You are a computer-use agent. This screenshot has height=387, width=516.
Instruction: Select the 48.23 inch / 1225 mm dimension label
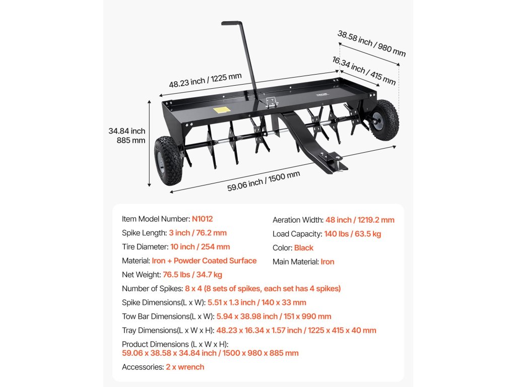205,80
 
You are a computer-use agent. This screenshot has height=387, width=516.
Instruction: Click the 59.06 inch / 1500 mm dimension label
264,180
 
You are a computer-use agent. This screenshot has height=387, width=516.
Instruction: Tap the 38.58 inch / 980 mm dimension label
371,43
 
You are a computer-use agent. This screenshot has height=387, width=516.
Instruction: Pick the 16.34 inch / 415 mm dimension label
364,71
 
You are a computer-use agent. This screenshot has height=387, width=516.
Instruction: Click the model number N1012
202,219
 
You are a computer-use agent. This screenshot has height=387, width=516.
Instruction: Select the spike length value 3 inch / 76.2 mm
198,233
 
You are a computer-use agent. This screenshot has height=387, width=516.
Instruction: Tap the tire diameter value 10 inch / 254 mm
200,247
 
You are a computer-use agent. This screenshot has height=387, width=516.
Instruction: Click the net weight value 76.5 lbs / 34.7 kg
192,275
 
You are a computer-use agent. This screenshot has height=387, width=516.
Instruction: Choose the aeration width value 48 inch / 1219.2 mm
361,220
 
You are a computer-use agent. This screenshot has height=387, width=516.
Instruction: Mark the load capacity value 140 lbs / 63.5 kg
352,234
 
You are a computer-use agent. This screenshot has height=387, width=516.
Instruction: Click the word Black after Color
304,248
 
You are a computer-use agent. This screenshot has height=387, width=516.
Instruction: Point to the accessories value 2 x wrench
185,367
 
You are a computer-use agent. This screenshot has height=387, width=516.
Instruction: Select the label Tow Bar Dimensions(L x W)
168,316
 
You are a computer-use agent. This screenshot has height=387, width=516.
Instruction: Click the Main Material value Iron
328,262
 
